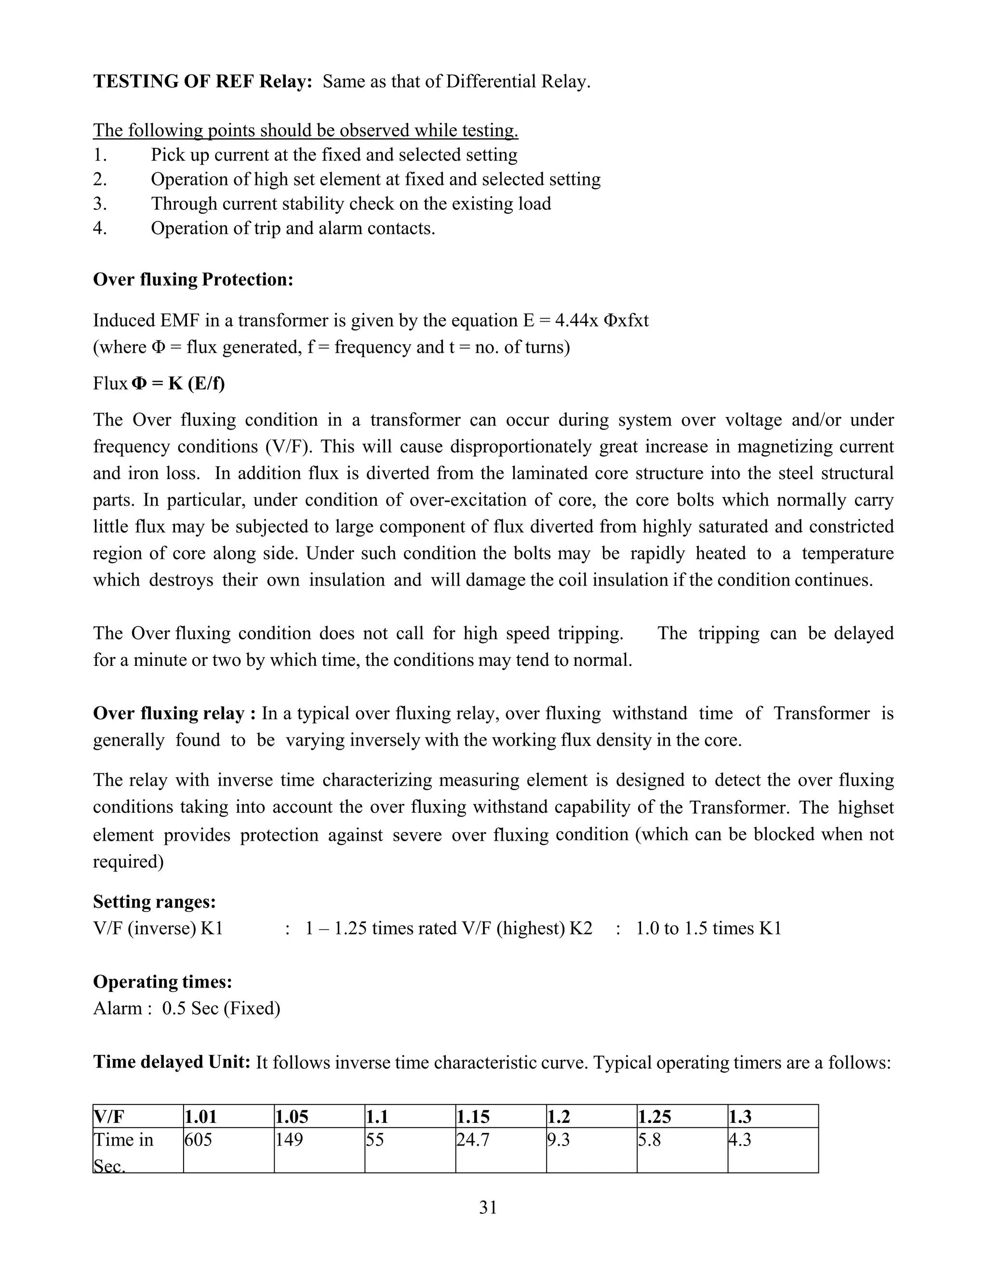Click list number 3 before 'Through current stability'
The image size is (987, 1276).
pos(100,203)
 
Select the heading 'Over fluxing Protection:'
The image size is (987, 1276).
pos(193,279)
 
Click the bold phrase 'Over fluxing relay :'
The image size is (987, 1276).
pos(174,714)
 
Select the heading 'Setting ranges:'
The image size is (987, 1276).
pos(154,901)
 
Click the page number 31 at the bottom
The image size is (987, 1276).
pos(488,1207)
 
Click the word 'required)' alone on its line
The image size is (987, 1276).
pos(128,861)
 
